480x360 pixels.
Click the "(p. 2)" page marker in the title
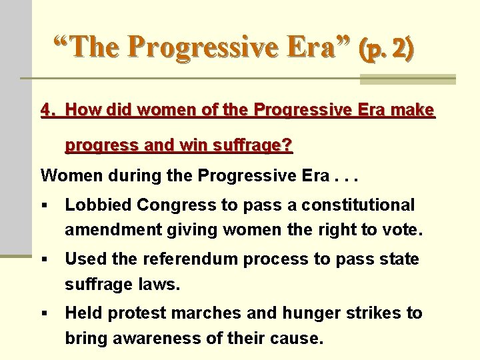tap(385, 47)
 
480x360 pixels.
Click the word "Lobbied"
tap(93, 205)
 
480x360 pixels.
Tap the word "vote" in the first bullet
tap(403, 230)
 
